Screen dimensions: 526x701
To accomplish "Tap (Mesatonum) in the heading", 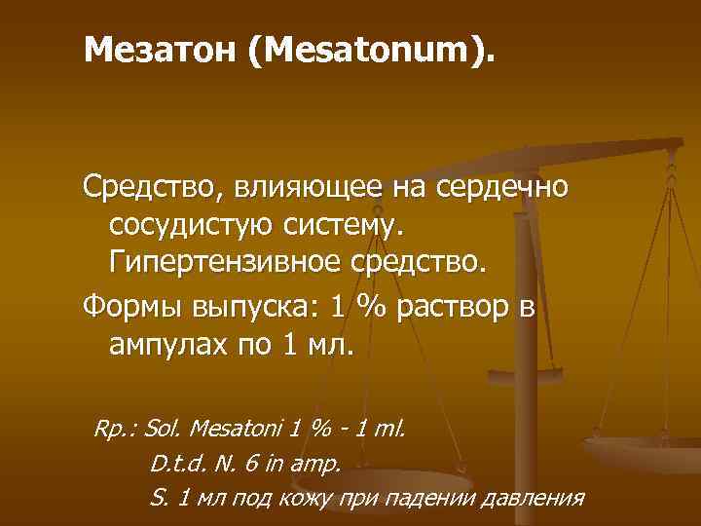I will click(x=371, y=49).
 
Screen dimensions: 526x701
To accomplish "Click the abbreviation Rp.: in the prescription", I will click(x=116, y=428).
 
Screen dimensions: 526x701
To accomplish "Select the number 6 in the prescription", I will click(x=255, y=464).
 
